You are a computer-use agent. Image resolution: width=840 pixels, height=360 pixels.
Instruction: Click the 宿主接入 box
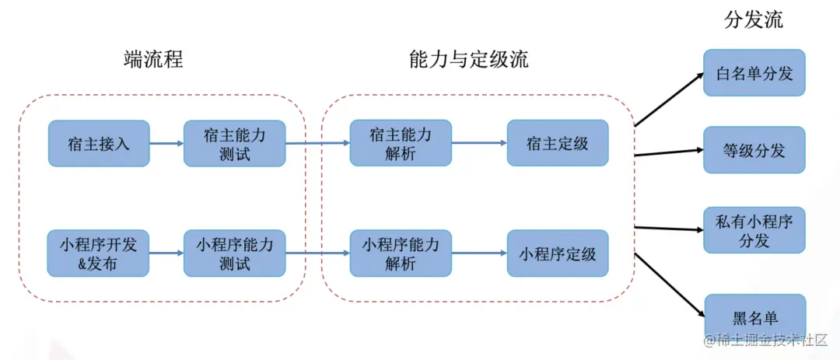click(98, 143)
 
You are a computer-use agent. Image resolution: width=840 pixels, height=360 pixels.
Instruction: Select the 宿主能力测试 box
click(234, 143)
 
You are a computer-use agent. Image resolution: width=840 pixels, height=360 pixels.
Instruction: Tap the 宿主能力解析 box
click(401, 143)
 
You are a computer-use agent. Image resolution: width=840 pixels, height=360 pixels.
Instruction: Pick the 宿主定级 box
click(558, 143)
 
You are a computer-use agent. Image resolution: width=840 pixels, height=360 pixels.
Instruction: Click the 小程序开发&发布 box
click(98, 253)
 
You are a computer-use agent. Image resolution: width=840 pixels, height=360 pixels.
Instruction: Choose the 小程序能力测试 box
click(234, 253)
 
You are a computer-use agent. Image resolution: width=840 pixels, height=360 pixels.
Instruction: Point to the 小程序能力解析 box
click(401, 253)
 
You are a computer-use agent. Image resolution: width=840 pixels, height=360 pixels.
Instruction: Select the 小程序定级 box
click(558, 253)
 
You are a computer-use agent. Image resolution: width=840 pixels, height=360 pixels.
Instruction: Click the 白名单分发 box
click(754, 73)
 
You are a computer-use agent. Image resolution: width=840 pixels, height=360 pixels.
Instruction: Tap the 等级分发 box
click(754, 150)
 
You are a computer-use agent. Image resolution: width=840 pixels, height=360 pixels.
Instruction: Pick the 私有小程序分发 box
click(754, 230)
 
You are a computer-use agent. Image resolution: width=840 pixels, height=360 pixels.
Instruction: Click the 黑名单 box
click(754, 317)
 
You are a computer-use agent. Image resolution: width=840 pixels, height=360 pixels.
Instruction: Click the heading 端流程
click(154, 60)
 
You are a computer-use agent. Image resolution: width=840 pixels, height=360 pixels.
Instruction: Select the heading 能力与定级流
click(468, 60)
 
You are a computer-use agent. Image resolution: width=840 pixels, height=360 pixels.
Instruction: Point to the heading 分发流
click(753, 20)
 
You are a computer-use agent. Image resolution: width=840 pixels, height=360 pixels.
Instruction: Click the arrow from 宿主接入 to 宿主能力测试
click(166, 143)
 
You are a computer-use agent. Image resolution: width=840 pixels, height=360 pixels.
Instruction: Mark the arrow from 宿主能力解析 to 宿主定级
click(478, 143)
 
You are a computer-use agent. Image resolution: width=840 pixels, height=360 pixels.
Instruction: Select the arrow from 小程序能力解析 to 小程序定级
click(478, 253)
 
